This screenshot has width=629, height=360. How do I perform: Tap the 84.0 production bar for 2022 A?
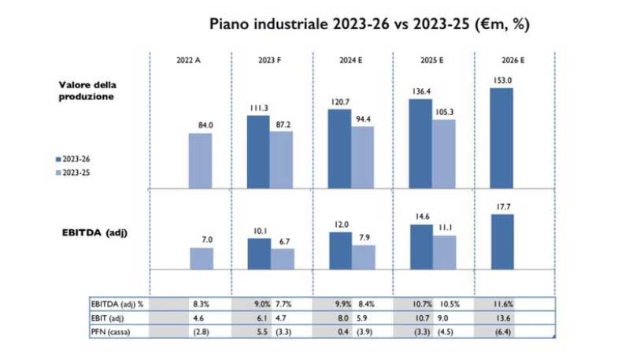(x=200, y=161)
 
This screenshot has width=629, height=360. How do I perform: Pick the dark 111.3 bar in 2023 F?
(x=258, y=152)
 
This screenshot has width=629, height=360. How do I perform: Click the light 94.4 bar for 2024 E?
(x=363, y=157)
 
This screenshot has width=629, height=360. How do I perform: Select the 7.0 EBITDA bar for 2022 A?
(x=200, y=258)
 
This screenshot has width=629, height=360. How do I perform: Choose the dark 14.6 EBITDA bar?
(x=420, y=246)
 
